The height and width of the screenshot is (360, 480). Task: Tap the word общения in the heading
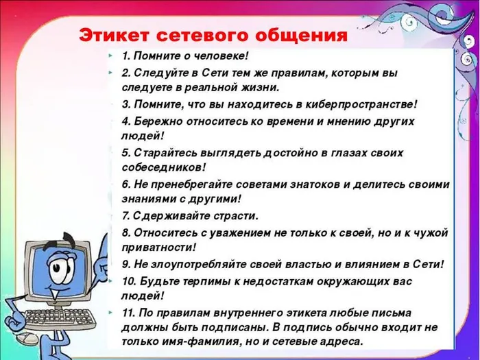tap(301, 35)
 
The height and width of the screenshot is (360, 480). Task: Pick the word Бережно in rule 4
tap(155, 121)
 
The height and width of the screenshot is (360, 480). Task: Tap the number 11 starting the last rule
tap(128, 312)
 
